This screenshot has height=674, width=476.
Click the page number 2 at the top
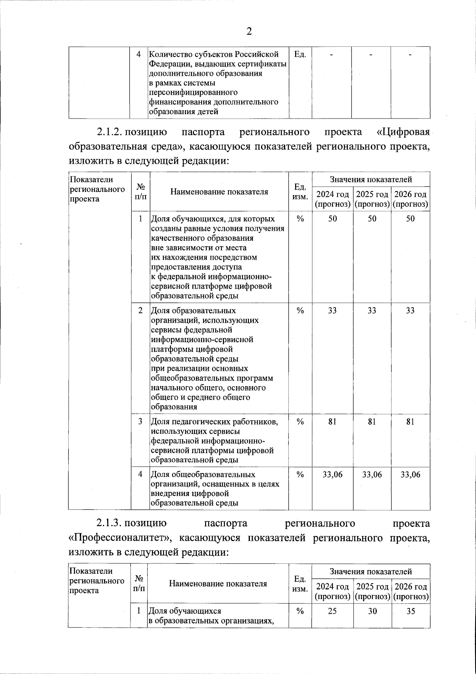tap(249, 31)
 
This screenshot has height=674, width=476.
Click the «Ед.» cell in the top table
tap(300, 54)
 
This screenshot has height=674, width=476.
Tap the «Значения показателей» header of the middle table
tap(371, 179)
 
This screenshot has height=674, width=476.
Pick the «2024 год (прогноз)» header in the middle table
tap(332, 199)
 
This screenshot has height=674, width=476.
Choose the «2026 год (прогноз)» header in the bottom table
tap(411, 591)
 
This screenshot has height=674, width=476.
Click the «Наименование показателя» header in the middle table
tap(219, 192)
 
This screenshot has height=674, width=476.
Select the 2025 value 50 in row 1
tap(372, 219)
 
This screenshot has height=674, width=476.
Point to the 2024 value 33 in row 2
tap(332, 311)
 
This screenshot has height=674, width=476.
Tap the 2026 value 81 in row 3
tap(411, 422)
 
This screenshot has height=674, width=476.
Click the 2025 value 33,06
tap(372, 475)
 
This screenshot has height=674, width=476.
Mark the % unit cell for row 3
tap(300, 422)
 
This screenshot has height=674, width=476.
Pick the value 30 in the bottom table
tap(372, 611)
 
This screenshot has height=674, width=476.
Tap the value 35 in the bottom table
tap(411, 611)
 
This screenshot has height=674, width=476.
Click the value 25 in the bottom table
tap(332, 611)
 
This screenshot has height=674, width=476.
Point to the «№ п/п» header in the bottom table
tap(139, 584)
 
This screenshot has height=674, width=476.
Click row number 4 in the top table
tap(138, 54)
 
